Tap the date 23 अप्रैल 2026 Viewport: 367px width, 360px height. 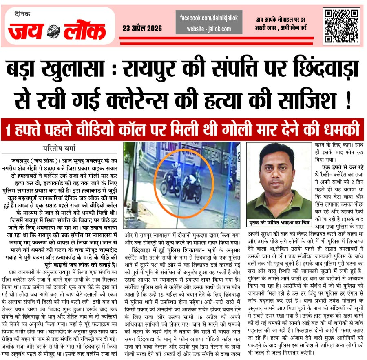pyautogui.click(x=142, y=28)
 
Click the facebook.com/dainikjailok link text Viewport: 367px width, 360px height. pyautogui.click(x=209, y=18)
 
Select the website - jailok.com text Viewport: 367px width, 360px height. pyautogui.click(x=209, y=29)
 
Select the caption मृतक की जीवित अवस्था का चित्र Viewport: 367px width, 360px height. pyautogui.click(x=279, y=223)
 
